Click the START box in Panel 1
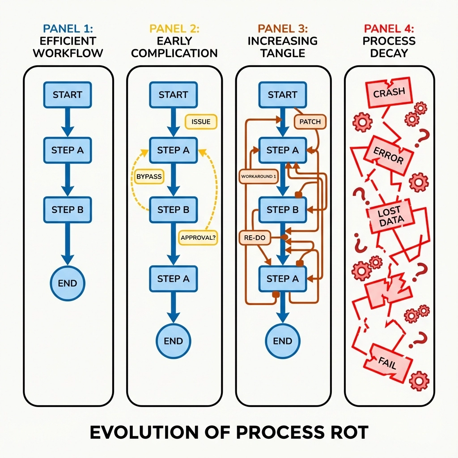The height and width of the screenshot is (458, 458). click(67, 94)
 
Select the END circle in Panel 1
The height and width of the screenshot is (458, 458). click(67, 283)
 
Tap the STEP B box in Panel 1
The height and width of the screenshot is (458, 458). click(67, 209)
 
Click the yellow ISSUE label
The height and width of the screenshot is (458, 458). click(198, 122)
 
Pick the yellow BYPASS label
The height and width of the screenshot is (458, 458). click(148, 176)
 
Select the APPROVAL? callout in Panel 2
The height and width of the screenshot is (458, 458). click(198, 237)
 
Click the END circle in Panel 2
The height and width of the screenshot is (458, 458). click(173, 340)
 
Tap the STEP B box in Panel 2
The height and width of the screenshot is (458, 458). click(173, 209)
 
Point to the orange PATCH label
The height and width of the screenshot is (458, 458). click(310, 122)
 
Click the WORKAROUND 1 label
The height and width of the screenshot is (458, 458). click(259, 176)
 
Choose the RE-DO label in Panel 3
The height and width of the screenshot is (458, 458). click(255, 237)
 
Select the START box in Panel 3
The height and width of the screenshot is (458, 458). click(282, 94)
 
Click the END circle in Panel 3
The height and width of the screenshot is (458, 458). click(282, 340)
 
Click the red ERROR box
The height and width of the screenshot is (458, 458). click(388, 155)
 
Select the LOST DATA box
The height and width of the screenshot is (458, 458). click(391, 216)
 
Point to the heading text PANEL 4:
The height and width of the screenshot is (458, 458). click(389, 29)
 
